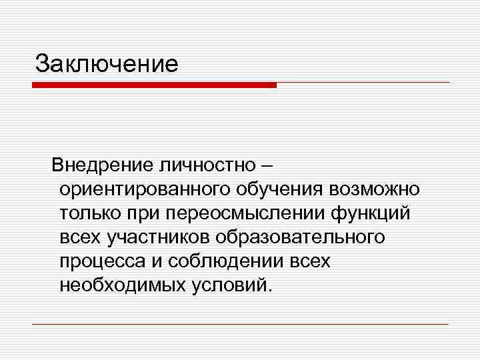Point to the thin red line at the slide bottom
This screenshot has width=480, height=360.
[240, 325]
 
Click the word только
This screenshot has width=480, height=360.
[87, 213]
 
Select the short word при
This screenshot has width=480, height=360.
[139, 213]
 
